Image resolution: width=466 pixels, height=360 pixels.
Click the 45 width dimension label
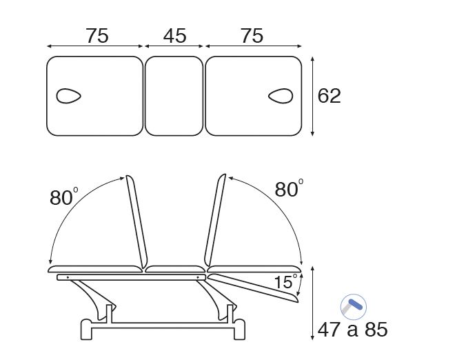[x=175, y=36]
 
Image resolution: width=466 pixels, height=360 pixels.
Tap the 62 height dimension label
[x=329, y=96]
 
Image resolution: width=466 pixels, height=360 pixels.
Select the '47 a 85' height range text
[x=352, y=330]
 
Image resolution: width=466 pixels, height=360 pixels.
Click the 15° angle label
[x=285, y=281]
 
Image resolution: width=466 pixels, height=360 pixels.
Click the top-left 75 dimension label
[x=97, y=36]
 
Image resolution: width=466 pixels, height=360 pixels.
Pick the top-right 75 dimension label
[x=252, y=36]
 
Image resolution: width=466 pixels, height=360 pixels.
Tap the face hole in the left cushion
[x=69, y=96]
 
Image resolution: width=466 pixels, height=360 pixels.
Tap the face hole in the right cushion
[x=281, y=96]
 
